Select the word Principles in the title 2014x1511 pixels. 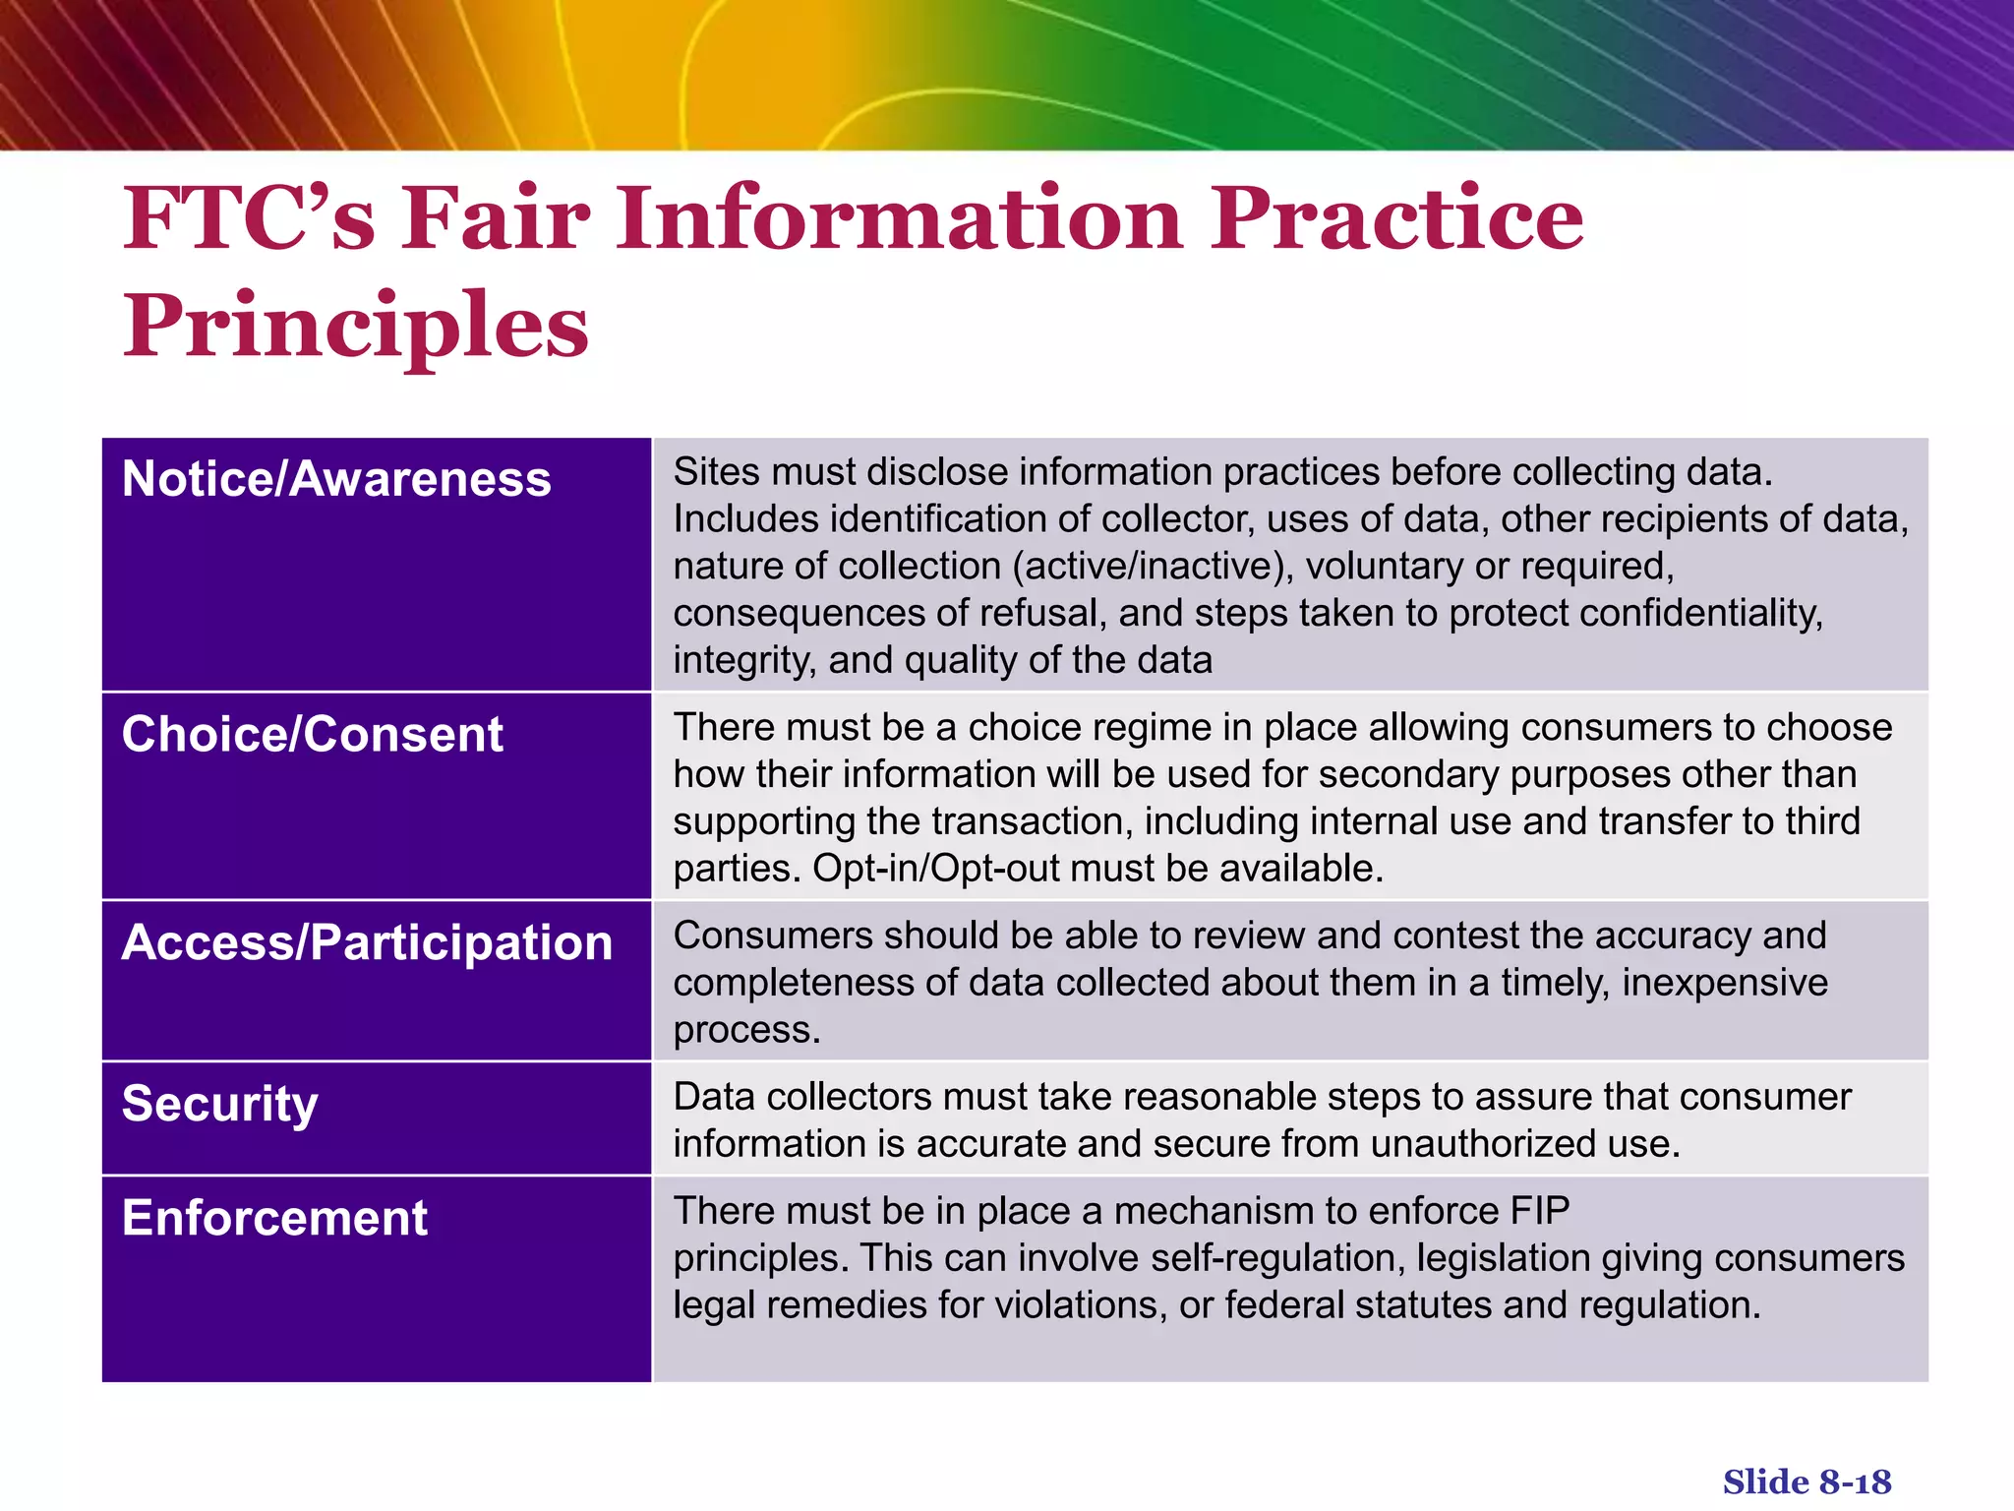pos(355,326)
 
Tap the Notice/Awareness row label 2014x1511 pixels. pos(336,479)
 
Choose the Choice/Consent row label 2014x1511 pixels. pos(312,734)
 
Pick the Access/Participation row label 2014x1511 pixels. pos(367,942)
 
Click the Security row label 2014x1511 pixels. pos(219,1104)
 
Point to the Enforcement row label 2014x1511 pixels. pos(274,1218)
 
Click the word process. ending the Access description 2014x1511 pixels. pos(746,1030)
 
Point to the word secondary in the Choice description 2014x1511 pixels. pos(1407,775)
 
